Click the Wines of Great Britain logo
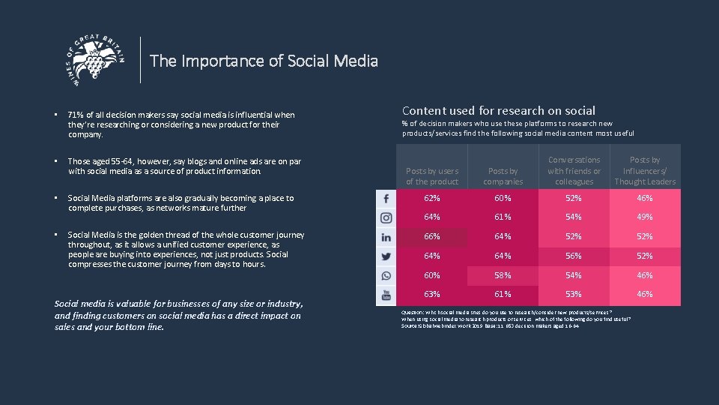coord(96,59)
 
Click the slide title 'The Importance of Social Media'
coord(264,61)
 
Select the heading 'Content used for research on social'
coord(499,110)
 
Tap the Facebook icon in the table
coord(386,199)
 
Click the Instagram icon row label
coord(386,217)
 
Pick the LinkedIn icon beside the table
coord(386,237)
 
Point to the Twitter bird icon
coord(386,256)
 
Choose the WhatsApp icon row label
coord(386,275)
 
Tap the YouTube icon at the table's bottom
coord(386,295)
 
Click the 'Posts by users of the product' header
coord(432,176)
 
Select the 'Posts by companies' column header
coord(503,176)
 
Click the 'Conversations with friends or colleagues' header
coord(574,171)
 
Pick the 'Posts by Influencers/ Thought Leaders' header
coord(645,171)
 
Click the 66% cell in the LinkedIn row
coord(432,237)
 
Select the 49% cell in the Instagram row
coord(645,217)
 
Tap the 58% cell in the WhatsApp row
coord(503,275)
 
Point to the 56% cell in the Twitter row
coord(574,256)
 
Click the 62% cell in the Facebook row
coord(432,199)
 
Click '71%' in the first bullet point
coord(76,115)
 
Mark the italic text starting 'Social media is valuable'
coord(178,315)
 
